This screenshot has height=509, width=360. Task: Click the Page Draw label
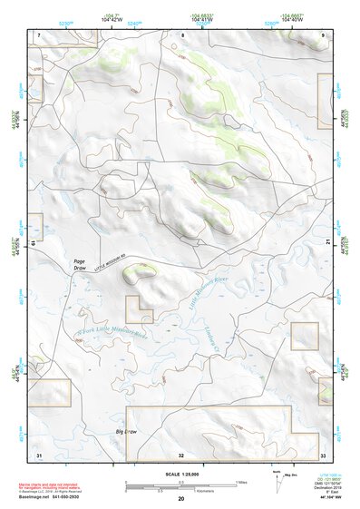pyautogui.click(x=80, y=266)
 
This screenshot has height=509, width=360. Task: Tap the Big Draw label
pyautogui.click(x=125, y=433)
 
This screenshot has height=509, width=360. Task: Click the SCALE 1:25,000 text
pyautogui.click(x=180, y=474)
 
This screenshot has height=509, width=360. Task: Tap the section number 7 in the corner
pyautogui.click(x=39, y=34)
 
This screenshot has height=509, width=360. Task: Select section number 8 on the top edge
pyautogui.click(x=181, y=34)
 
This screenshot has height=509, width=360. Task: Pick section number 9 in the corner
pyautogui.click(x=324, y=34)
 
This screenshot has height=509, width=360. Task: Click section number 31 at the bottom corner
pyautogui.click(x=39, y=454)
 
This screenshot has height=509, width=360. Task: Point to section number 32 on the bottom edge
pyautogui.click(x=181, y=454)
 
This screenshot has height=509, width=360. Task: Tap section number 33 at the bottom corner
pyautogui.click(x=323, y=454)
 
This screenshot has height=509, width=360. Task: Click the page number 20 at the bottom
pyautogui.click(x=181, y=499)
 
